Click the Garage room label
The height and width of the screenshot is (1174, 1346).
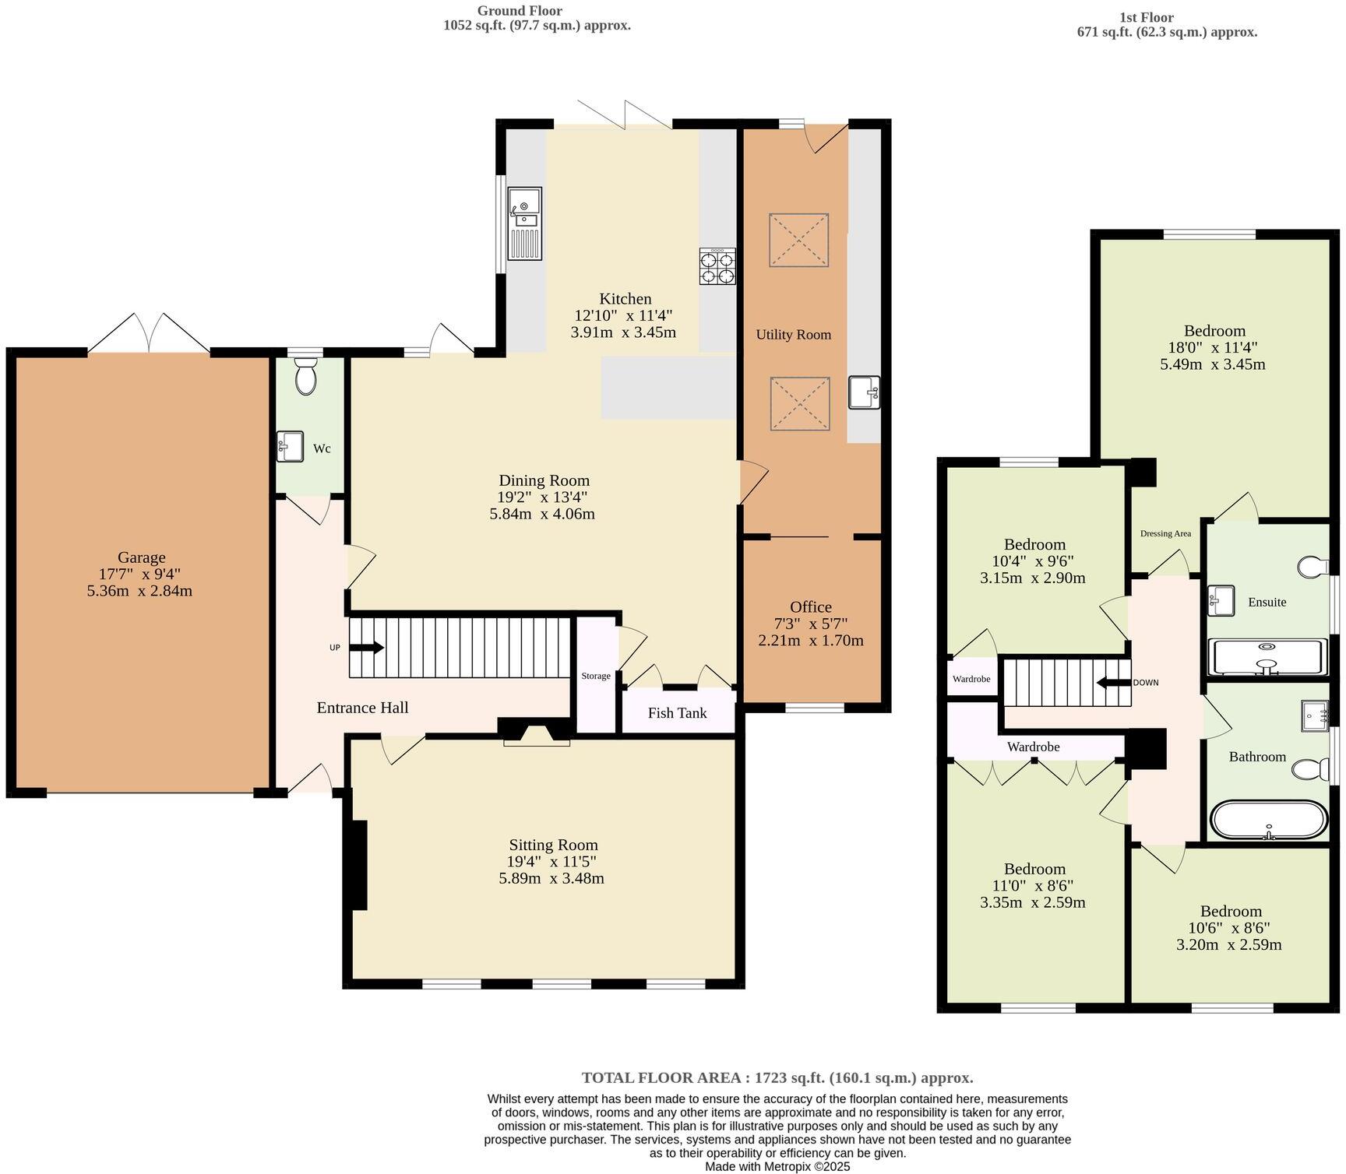[142, 557]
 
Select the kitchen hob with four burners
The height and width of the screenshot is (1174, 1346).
[717, 265]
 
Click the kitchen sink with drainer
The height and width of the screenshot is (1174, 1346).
[524, 223]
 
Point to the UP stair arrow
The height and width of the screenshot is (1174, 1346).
[366, 647]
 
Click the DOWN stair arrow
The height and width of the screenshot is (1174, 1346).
[1113, 683]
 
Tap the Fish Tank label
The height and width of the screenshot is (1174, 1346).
[677, 712]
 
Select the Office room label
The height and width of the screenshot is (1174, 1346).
[811, 607]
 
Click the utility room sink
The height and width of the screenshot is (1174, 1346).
[865, 392]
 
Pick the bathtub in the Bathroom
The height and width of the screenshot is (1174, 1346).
[1268, 820]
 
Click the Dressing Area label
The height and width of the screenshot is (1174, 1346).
[1165, 533]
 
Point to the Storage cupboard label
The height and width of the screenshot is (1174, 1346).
[596, 676]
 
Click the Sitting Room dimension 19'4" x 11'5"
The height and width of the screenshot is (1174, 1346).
[551, 862]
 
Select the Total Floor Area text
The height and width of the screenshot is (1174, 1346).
[777, 1078]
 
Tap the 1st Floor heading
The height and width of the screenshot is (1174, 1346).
[1147, 17]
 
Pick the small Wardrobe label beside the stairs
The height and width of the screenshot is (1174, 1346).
[971, 679]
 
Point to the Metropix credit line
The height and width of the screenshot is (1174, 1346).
[777, 1166]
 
